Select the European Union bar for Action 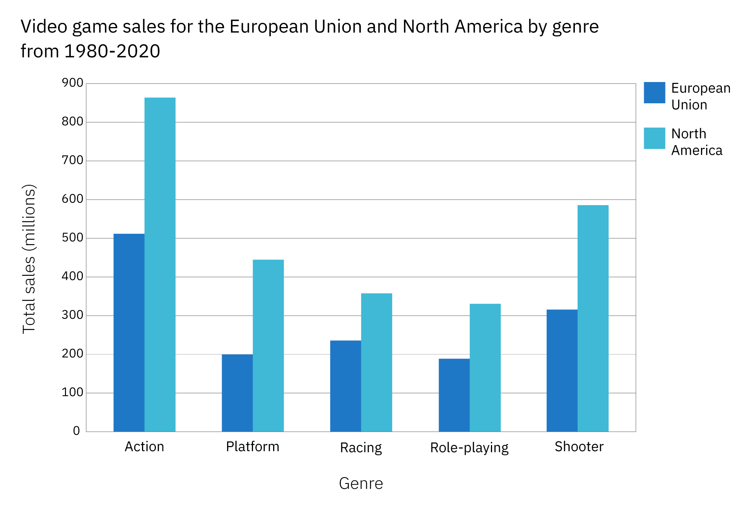click(129, 332)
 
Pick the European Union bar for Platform click(237, 393)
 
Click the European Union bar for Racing click(345, 386)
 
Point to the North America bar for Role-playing click(485, 368)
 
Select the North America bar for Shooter click(593, 318)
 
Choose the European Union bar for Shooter click(562, 370)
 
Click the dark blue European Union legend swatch click(654, 92)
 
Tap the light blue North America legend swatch click(654, 138)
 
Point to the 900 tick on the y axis click(72, 83)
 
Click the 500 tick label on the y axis click(72, 238)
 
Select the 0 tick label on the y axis click(76, 431)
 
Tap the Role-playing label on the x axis click(469, 448)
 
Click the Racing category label click(361, 448)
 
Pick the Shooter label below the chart click(579, 447)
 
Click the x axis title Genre click(361, 484)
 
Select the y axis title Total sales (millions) click(29, 258)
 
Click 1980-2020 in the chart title click(112, 51)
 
